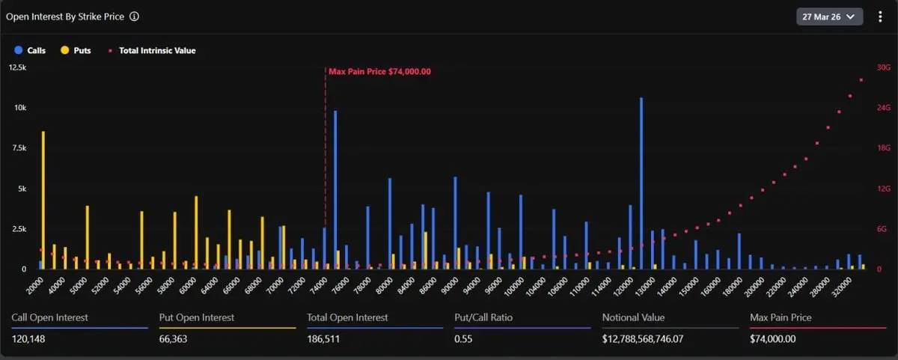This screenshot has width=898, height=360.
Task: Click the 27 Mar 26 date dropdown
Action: point(829,16)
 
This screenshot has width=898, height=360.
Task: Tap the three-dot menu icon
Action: point(880,16)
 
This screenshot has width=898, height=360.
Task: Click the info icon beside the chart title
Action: point(134,16)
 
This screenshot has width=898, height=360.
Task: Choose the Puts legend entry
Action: point(76,51)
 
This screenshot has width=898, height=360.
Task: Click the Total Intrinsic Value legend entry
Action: point(153,51)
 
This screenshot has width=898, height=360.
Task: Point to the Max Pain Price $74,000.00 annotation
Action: point(379,71)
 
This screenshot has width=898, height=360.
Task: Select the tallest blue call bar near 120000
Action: point(641,183)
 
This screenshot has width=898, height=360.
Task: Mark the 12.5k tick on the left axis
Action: point(17,67)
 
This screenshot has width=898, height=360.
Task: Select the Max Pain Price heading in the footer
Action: point(781,317)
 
